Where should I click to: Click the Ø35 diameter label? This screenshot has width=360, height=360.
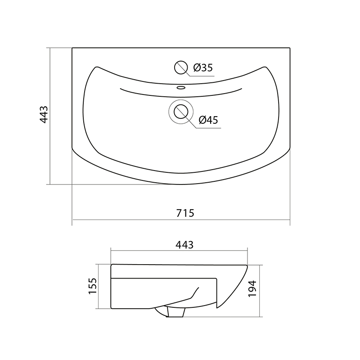tap(203, 68)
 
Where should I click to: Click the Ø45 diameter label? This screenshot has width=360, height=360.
tap(208, 120)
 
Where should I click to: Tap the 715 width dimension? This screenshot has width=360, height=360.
tap(185, 213)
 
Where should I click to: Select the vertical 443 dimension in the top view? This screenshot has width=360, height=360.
tap(44, 115)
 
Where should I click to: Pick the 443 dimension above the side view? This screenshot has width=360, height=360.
tap(184, 245)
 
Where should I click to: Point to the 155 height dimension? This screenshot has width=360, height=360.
tap(93, 286)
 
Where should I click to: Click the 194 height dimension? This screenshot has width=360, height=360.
tap(252, 288)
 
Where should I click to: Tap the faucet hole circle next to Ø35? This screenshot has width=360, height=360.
tap(181, 67)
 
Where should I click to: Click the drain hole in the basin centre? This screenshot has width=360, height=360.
tap(181, 112)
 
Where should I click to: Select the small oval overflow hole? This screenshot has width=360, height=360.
tap(181, 87)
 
